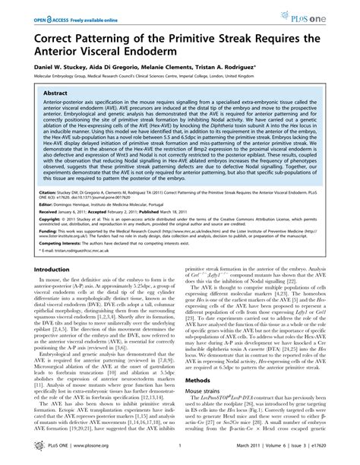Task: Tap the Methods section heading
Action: click(199, 400)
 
